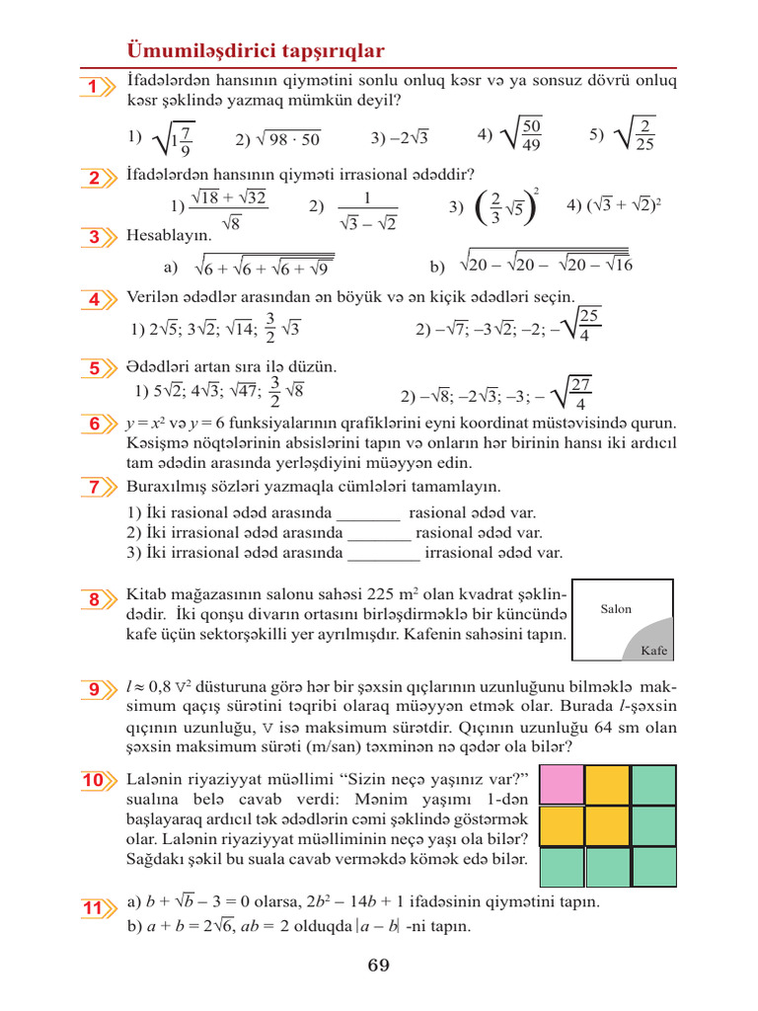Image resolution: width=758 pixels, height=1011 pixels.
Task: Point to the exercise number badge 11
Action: point(94,907)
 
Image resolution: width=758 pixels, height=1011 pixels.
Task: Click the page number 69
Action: point(379,966)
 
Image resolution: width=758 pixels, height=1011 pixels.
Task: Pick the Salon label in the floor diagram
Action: point(616,609)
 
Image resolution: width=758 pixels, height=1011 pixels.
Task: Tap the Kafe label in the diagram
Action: point(654,651)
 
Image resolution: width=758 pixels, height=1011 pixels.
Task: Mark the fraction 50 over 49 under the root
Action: point(531,135)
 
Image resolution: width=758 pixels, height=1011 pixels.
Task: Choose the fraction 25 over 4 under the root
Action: point(589,326)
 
